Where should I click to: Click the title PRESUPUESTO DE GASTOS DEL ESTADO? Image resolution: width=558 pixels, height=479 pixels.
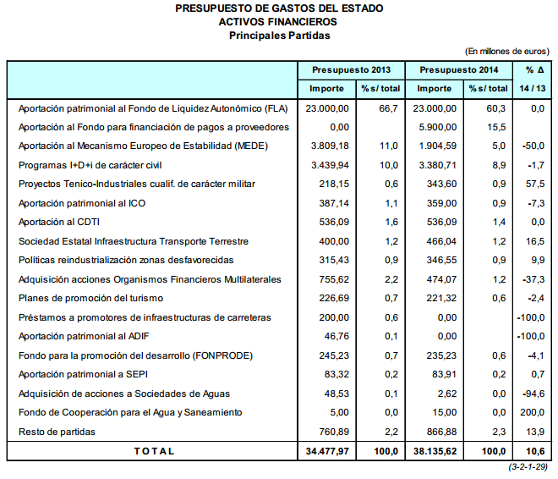coord(279,8)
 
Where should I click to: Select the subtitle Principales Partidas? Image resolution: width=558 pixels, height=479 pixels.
coord(279,36)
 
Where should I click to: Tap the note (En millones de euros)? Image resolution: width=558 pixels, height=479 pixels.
coord(507,52)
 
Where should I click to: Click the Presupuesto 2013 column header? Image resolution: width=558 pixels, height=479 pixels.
coord(352,70)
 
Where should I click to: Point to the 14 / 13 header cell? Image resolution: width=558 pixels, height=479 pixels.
coord(533,89)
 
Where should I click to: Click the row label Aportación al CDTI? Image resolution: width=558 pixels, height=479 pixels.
coord(59,223)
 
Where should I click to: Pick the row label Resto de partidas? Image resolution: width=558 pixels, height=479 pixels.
coord(57,432)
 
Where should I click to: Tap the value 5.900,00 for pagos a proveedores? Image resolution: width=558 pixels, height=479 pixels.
coord(438,127)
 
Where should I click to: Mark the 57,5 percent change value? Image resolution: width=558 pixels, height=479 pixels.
coord(534,184)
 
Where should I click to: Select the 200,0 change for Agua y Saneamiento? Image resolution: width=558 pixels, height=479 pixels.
coord(532,413)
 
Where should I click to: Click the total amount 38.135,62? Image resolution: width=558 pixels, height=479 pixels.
coord(435,451)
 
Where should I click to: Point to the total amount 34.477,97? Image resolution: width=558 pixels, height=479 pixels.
coord(328,451)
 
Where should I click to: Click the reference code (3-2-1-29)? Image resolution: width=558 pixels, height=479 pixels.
coord(528,467)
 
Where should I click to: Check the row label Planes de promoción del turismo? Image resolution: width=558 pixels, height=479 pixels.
coord(90,299)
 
